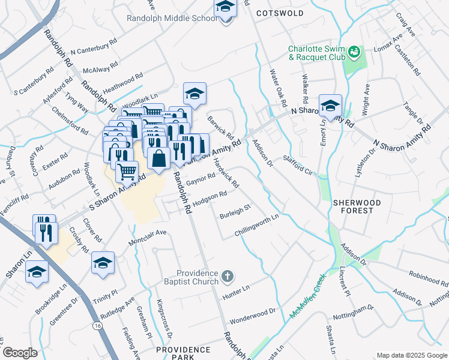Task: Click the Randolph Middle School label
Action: [172, 19]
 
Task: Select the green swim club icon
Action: [354, 52]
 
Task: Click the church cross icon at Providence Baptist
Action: [226, 277]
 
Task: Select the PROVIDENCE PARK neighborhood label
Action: [182, 349]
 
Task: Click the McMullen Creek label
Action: [306, 297]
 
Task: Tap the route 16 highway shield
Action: [97, 325]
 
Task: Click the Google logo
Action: [20, 353]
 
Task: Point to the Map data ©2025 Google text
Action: [411, 355]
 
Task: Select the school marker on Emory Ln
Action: [330, 106]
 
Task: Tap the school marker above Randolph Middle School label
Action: [225, 8]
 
